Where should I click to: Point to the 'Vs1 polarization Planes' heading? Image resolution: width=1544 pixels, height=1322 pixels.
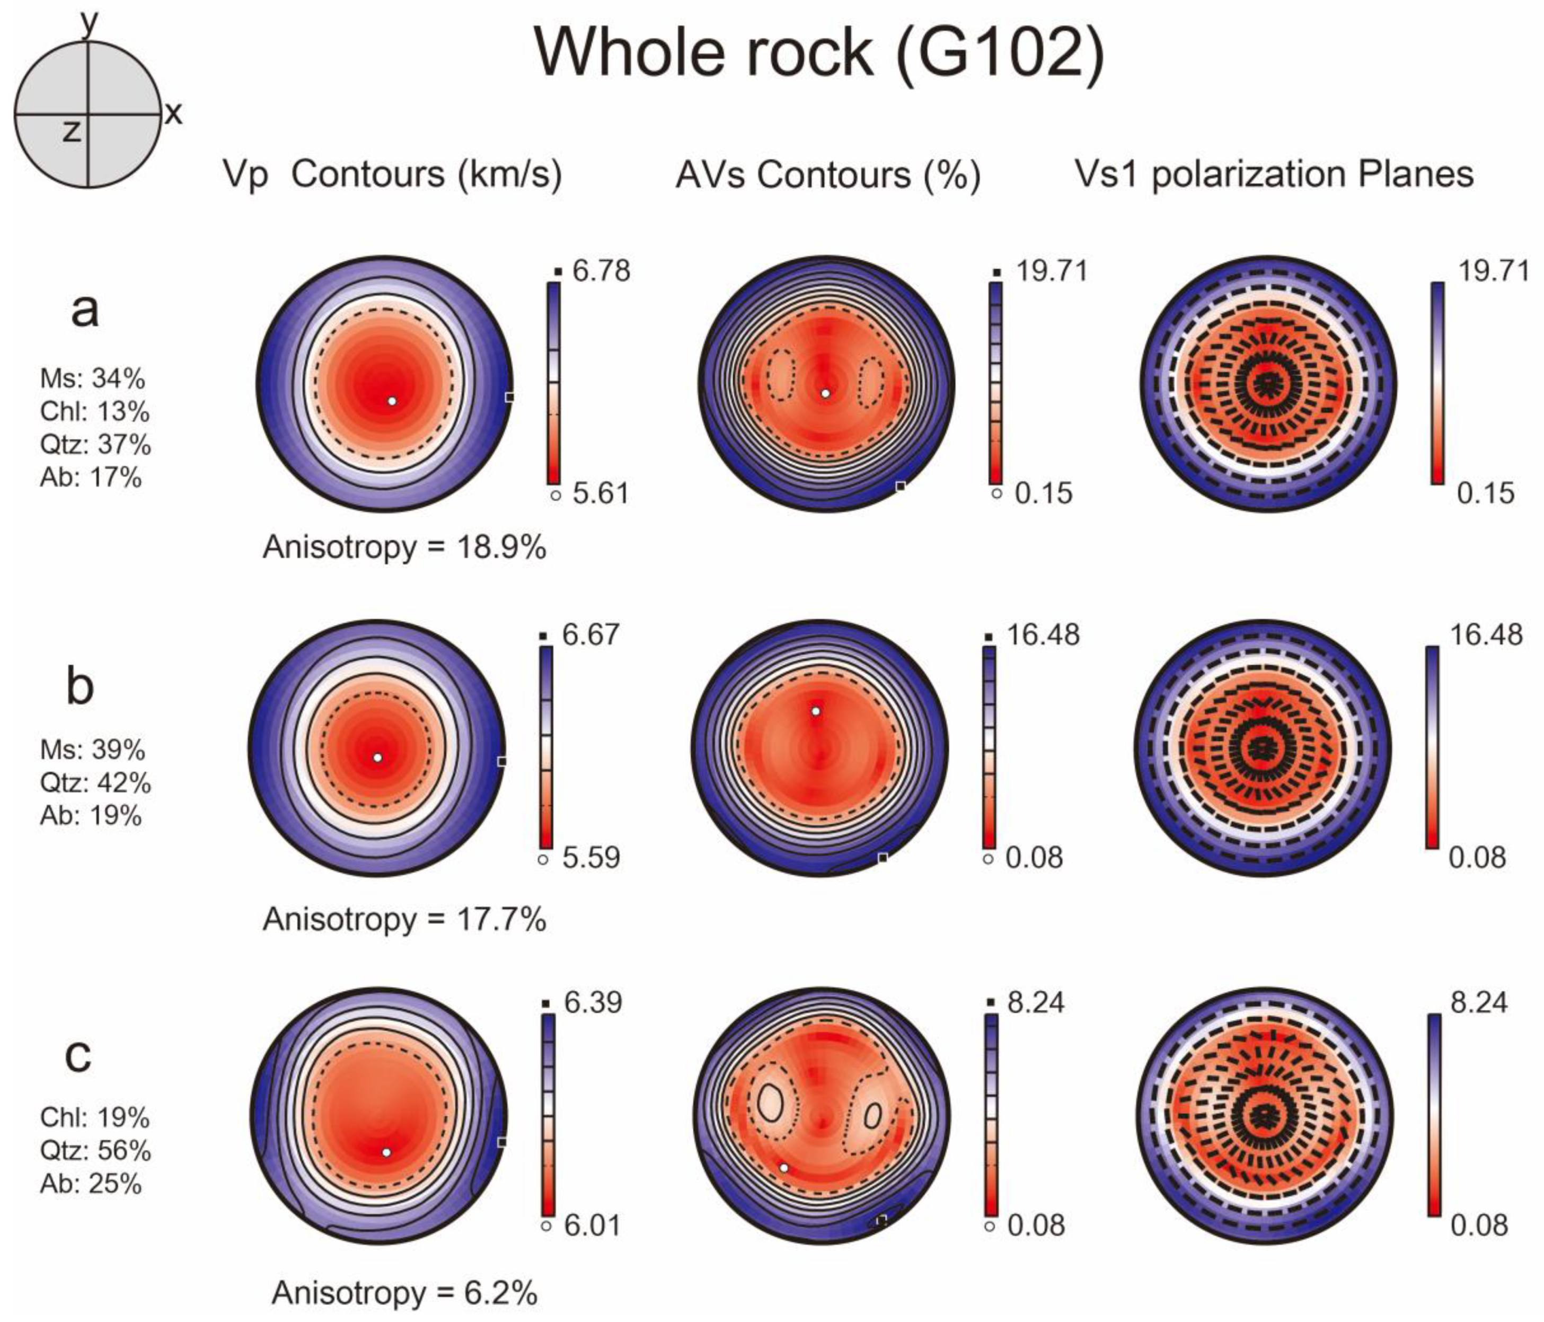click(x=1274, y=175)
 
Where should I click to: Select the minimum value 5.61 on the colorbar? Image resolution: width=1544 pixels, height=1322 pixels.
click(x=600, y=493)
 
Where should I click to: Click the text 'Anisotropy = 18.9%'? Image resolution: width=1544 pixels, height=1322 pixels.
click(x=404, y=548)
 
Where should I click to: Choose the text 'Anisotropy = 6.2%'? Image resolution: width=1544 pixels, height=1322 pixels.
click(x=404, y=1293)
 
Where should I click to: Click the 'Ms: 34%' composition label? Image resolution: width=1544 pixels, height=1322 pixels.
click(x=92, y=378)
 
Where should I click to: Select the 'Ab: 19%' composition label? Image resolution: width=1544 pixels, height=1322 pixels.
click(x=91, y=816)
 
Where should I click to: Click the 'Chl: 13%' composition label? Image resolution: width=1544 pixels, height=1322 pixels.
click(x=95, y=411)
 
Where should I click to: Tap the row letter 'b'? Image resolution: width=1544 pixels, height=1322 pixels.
click(x=80, y=686)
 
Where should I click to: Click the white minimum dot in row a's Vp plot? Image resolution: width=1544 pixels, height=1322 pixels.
click(x=392, y=401)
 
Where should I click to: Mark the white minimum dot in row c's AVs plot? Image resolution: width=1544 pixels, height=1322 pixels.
click(x=783, y=1168)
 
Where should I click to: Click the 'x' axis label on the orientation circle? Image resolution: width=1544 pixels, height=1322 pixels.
click(x=174, y=114)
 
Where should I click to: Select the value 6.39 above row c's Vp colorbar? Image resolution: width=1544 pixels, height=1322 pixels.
click(x=593, y=1003)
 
